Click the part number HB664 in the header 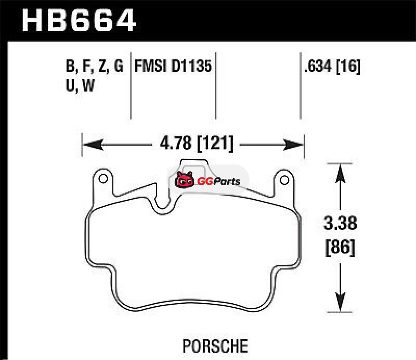[79, 20]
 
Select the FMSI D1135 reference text [173, 66]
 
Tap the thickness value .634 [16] [332, 66]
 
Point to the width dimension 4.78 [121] [197, 143]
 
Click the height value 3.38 [340, 223]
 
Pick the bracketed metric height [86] [340, 248]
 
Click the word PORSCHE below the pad [215, 346]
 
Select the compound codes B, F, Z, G [95, 66]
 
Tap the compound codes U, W [80, 85]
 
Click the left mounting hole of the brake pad [103, 178]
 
